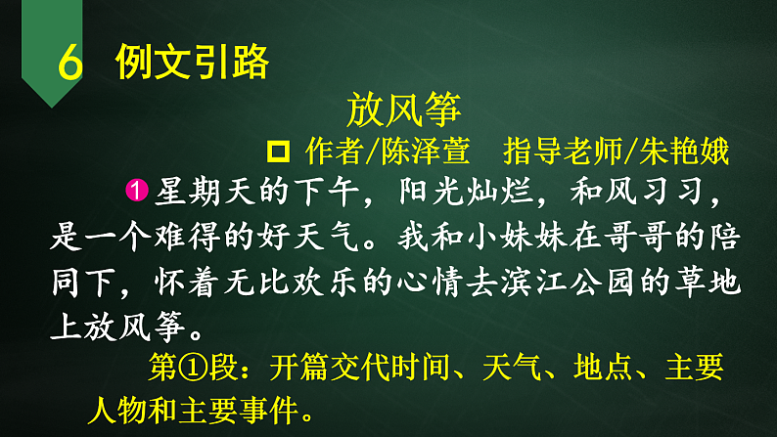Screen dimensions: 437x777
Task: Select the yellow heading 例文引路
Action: tap(192, 63)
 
